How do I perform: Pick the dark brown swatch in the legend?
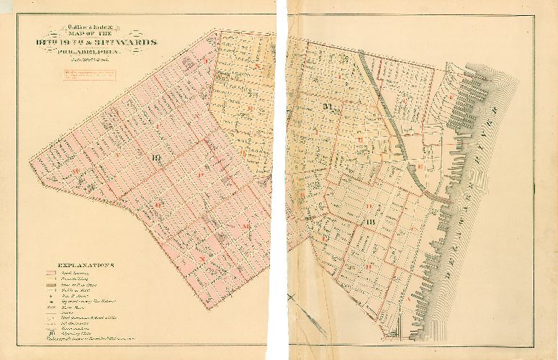point(50,286)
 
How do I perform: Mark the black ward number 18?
point(371,222)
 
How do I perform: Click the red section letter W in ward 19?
point(76,171)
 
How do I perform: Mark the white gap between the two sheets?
point(282,180)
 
